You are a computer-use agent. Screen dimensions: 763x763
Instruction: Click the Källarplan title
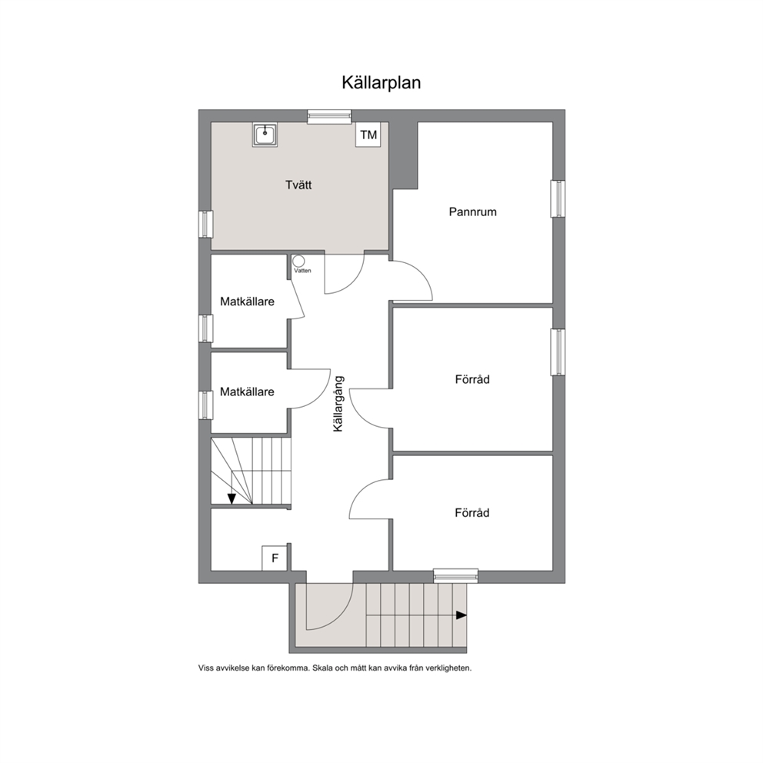click(x=381, y=83)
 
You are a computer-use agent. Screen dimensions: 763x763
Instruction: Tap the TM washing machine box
click(x=368, y=135)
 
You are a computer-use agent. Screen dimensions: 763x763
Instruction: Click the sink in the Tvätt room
click(x=265, y=135)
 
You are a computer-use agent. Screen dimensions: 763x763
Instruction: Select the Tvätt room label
click(x=298, y=185)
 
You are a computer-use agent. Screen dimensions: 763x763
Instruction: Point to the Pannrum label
click(x=472, y=212)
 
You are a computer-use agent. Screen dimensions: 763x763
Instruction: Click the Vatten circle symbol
click(x=298, y=262)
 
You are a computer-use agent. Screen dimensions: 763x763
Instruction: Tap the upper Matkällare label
click(x=247, y=302)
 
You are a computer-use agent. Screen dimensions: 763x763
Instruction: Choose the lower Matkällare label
click(x=247, y=391)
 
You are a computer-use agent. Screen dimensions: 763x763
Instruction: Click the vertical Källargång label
click(x=338, y=403)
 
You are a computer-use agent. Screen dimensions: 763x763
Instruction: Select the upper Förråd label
click(x=472, y=379)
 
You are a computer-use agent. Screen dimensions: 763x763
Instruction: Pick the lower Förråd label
click(x=472, y=513)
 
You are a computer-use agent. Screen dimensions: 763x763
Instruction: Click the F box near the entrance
click(x=275, y=558)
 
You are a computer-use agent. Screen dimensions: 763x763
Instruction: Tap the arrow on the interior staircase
click(x=232, y=498)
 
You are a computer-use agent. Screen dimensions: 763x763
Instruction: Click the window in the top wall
click(x=329, y=116)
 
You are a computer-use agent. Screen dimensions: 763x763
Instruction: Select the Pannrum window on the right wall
click(x=558, y=199)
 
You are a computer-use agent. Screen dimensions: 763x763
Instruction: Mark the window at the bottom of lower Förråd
click(x=455, y=575)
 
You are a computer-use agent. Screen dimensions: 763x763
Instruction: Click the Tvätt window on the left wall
click(x=206, y=225)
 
